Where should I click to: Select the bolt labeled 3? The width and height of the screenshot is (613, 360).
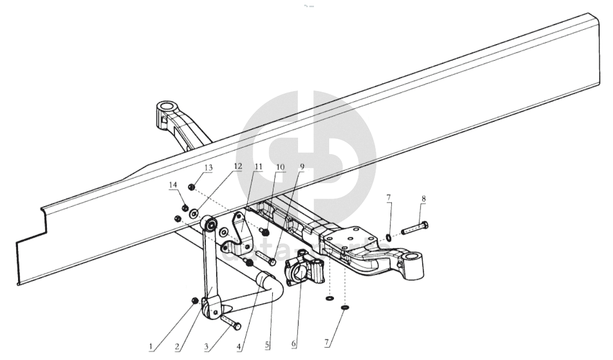coord(231,322)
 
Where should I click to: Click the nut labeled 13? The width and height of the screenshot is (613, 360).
coord(191,187)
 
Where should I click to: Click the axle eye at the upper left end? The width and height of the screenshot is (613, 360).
coord(167,109)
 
